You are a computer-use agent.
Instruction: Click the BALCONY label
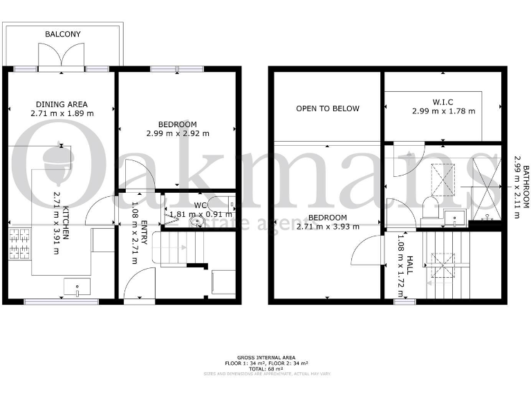[x=63, y=34]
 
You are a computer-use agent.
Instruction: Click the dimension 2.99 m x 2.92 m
[x=178, y=133]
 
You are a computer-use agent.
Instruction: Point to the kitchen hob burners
[x=17, y=244]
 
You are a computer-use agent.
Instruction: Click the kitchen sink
[x=73, y=286]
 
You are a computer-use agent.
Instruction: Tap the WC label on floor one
[x=201, y=205]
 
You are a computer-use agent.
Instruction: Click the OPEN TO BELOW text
[x=328, y=108]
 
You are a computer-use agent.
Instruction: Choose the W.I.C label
[x=442, y=102]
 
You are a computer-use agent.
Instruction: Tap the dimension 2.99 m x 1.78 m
[x=443, y=111]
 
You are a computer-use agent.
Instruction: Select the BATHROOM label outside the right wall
[x=525, y=191]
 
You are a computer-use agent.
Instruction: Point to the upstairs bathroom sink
[x=452, y=218]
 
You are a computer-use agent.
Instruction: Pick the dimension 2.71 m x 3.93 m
[x=328, y=227]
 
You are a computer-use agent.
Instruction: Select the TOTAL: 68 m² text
[x=265, y=368]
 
